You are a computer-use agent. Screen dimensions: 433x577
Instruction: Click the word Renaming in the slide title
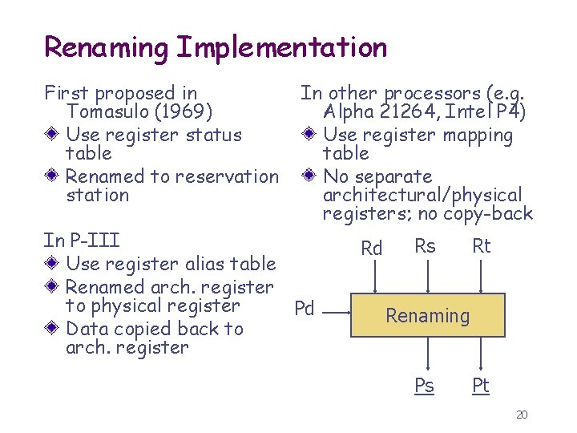[x=106, y=47]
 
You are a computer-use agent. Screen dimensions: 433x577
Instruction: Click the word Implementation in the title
[x=280, y=47]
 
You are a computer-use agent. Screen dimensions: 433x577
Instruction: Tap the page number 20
[x=522, y=415]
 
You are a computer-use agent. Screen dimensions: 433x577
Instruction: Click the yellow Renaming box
[x=428, y=315]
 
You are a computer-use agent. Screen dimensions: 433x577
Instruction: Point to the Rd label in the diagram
[x=372, y=249]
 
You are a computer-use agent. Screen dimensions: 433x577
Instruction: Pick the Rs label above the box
[x=425, y=246]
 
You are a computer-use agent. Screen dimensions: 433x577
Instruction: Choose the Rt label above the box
[x=481, y=246]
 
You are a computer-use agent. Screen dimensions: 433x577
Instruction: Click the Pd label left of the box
[x=305, y=309]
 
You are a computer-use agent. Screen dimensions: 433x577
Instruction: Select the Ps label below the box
[x=425, y=386]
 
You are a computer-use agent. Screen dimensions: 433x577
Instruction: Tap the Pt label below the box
[x=480, y=386]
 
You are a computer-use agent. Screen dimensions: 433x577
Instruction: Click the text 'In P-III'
[x=82, y=240]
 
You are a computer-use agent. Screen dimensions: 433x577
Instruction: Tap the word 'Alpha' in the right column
[x=350, y=111]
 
